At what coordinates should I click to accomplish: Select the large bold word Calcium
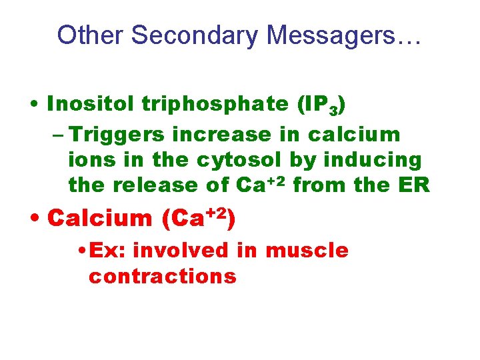[101, 218]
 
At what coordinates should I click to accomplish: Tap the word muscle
[307, 251]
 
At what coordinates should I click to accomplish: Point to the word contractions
[162, 275]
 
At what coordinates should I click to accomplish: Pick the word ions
[89, 160]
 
